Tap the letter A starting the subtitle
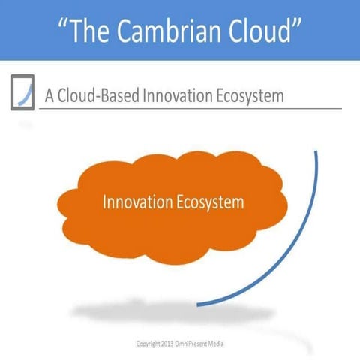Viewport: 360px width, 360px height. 49,96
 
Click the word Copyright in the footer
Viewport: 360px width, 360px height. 148,343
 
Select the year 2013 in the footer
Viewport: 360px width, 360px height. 169,343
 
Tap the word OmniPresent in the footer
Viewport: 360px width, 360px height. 193,343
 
